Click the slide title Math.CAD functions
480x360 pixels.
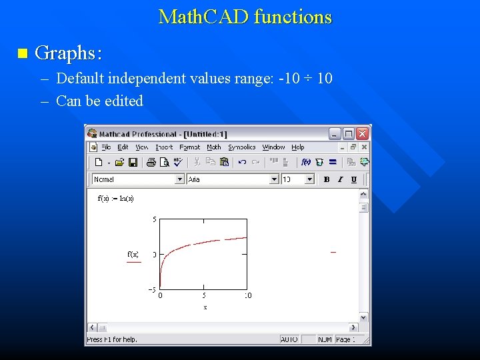coord(245,17)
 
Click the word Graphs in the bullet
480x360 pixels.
coord(67,53)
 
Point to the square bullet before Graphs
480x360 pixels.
coord(23,53)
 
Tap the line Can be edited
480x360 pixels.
coord(99,101)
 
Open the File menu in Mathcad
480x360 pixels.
coord(106,147)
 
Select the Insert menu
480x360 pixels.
coord(164,147)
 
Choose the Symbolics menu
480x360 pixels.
coord(241,147)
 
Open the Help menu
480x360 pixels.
coord(298,147)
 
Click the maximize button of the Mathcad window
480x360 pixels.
coord(349,133)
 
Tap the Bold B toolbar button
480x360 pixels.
coord(327,179)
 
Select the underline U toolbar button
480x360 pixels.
coord(353,179)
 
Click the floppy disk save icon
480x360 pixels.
coord(133,162)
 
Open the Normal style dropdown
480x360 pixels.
coord(179,179)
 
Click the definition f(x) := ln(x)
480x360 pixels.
coord(116,198)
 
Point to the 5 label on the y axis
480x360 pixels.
coord(155,219)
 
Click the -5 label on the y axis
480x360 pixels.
coord(153,289)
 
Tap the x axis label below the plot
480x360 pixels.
coord(205,307)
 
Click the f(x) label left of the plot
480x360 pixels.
coord(133,254)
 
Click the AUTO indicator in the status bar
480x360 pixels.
coord(289,339)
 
